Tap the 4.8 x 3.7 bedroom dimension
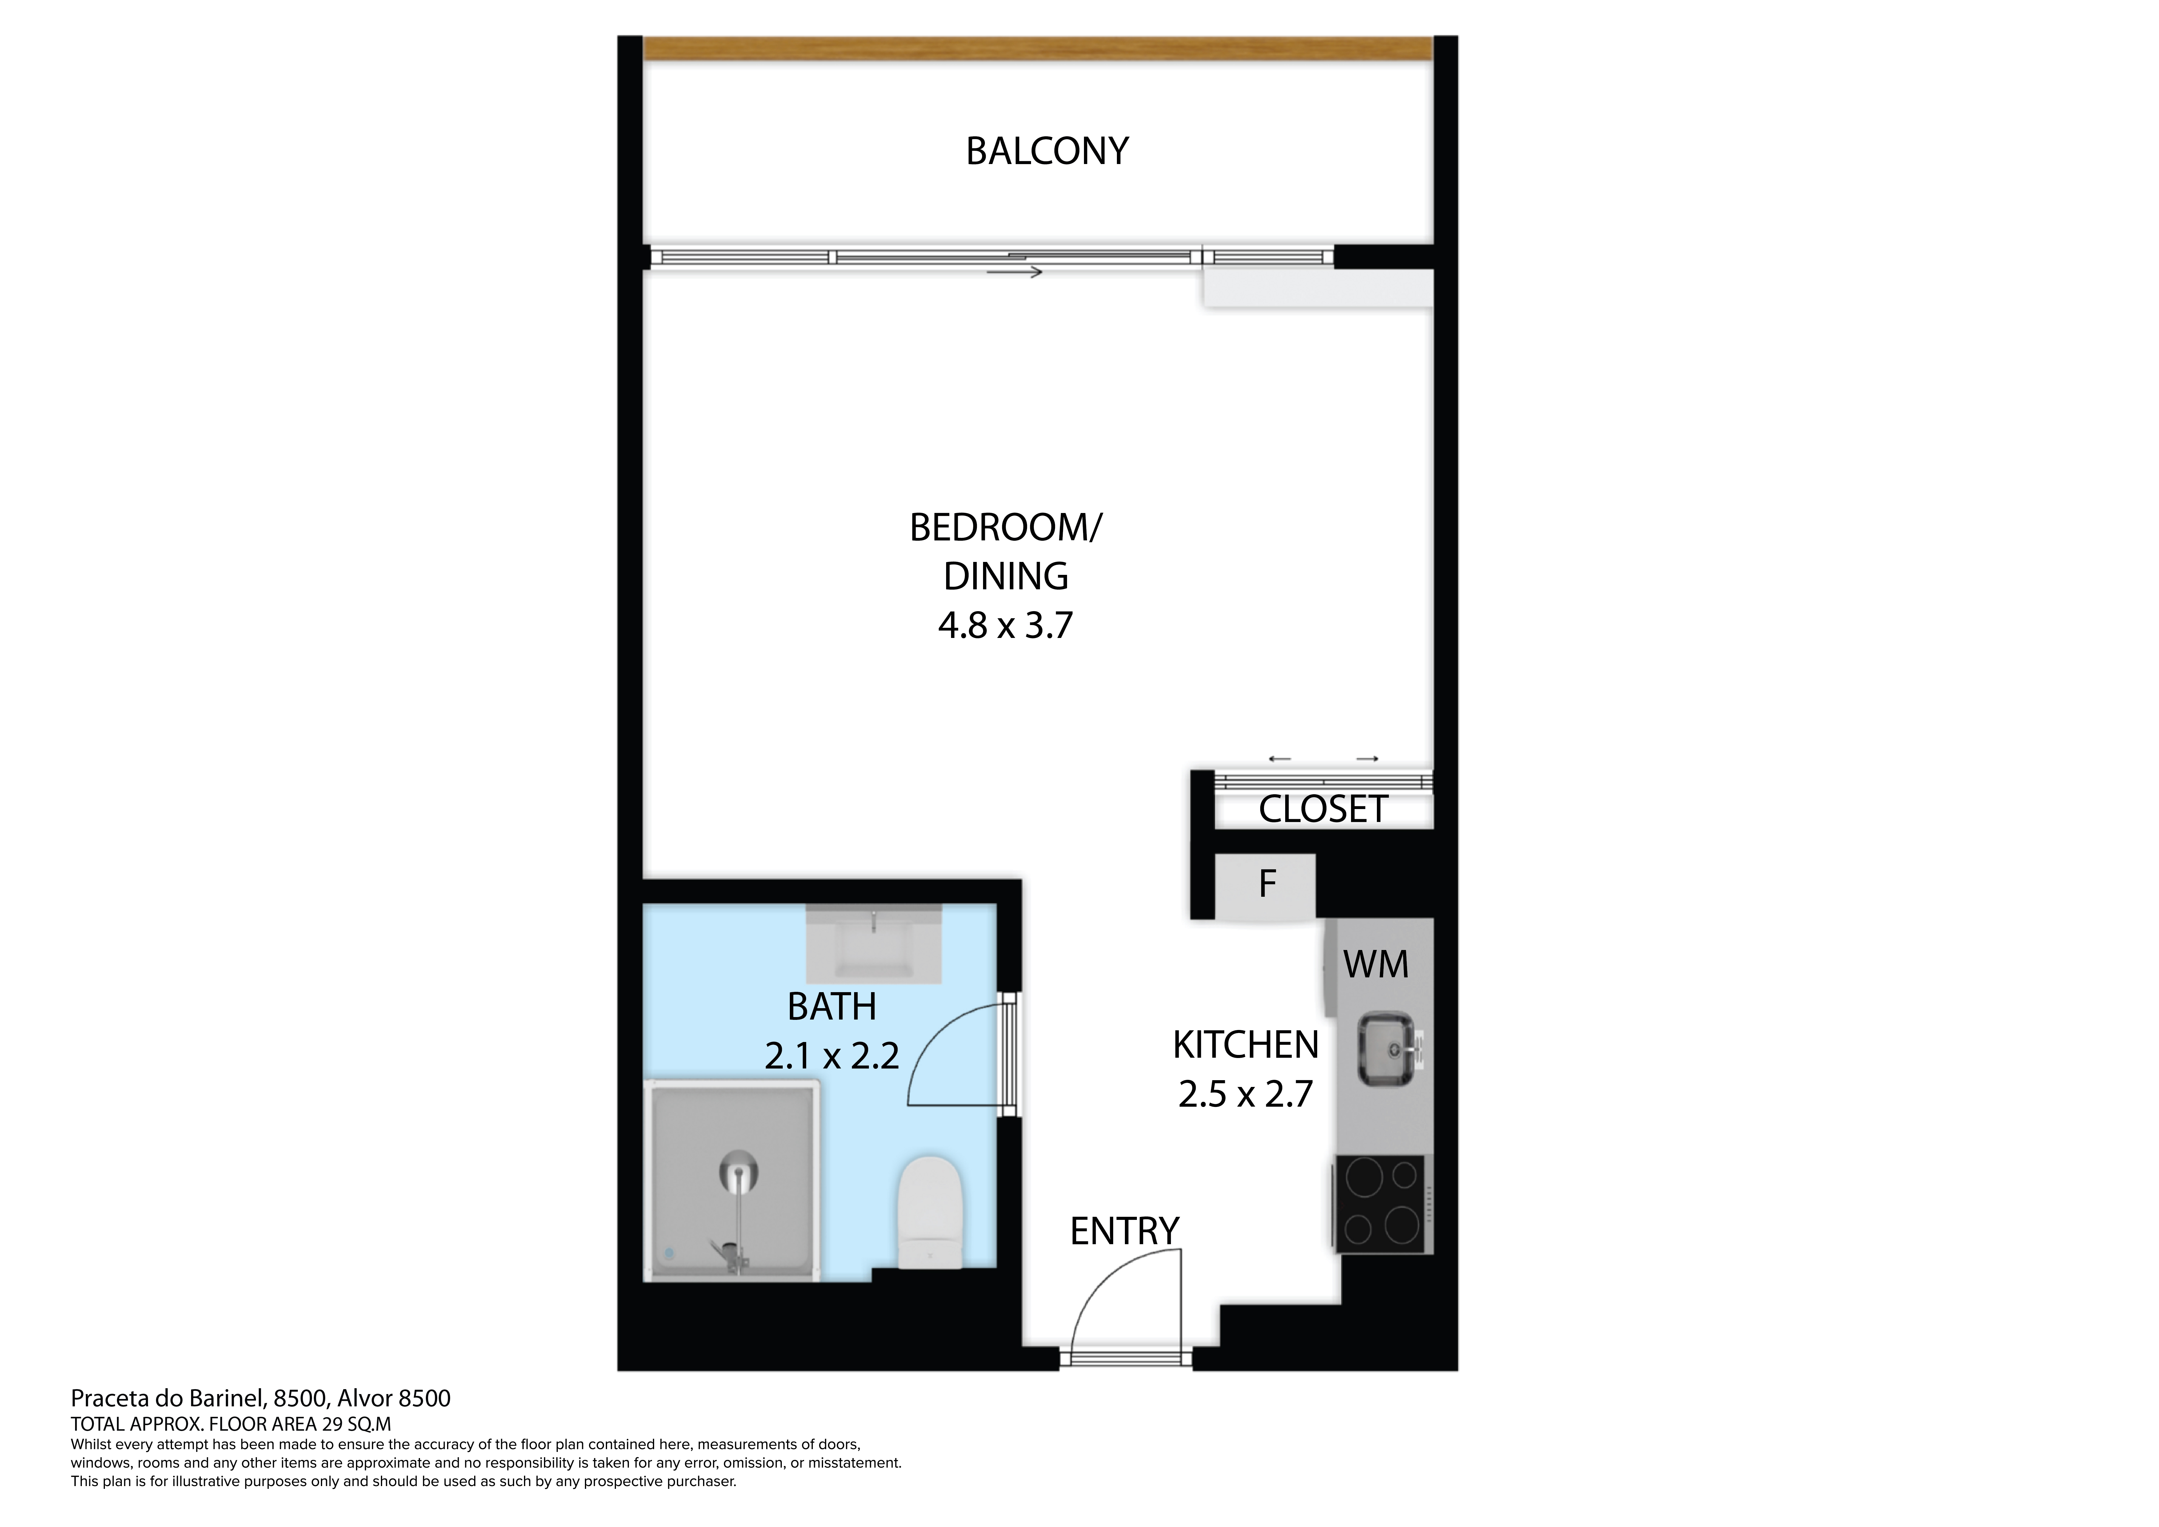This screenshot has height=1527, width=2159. [x=1005, y=625]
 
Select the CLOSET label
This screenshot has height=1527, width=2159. [x=1323, y=809]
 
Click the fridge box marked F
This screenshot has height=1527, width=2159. [x=1266, y=886]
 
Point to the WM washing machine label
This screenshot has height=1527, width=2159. [x=1376, y=965]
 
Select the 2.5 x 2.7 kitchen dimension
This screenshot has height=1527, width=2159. [x=1245, y=1095]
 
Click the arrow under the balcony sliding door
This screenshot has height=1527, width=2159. [x=1015, y=273]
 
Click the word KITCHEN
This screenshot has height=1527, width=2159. [x=1245, y=1046]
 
